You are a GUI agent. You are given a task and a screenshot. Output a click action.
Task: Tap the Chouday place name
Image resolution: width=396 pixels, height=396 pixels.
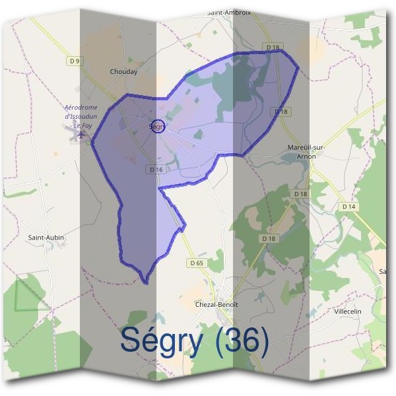point(123,72)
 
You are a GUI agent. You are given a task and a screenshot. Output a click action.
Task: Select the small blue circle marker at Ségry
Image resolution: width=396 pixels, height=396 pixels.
point(157,126)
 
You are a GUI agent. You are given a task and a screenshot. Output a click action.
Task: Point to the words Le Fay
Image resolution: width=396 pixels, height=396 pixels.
point(84,125)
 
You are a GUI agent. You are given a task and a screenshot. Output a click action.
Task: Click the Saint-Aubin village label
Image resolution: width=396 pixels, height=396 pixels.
point(45,236)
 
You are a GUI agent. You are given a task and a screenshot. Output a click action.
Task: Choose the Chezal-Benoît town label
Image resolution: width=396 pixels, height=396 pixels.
point(216,304)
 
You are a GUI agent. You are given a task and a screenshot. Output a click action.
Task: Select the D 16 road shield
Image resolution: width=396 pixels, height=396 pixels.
point(156,170)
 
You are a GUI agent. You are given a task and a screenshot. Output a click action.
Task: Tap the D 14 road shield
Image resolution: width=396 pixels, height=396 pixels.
point(349,207)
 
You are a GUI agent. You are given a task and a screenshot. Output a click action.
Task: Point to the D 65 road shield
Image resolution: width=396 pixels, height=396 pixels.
point(197,263)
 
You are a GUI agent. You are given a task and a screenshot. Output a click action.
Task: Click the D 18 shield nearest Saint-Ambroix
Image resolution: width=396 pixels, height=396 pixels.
point(273,48)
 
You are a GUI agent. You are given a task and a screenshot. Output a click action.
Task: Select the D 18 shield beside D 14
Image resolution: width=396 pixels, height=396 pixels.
point(300,194)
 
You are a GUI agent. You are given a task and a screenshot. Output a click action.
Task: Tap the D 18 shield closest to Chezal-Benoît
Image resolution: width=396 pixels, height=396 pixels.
point(268,238)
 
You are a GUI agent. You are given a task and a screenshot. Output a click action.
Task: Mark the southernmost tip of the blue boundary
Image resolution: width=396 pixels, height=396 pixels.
point(145,283)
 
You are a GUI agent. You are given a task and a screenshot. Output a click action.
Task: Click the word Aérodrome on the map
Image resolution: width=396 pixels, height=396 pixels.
point(81,108)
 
